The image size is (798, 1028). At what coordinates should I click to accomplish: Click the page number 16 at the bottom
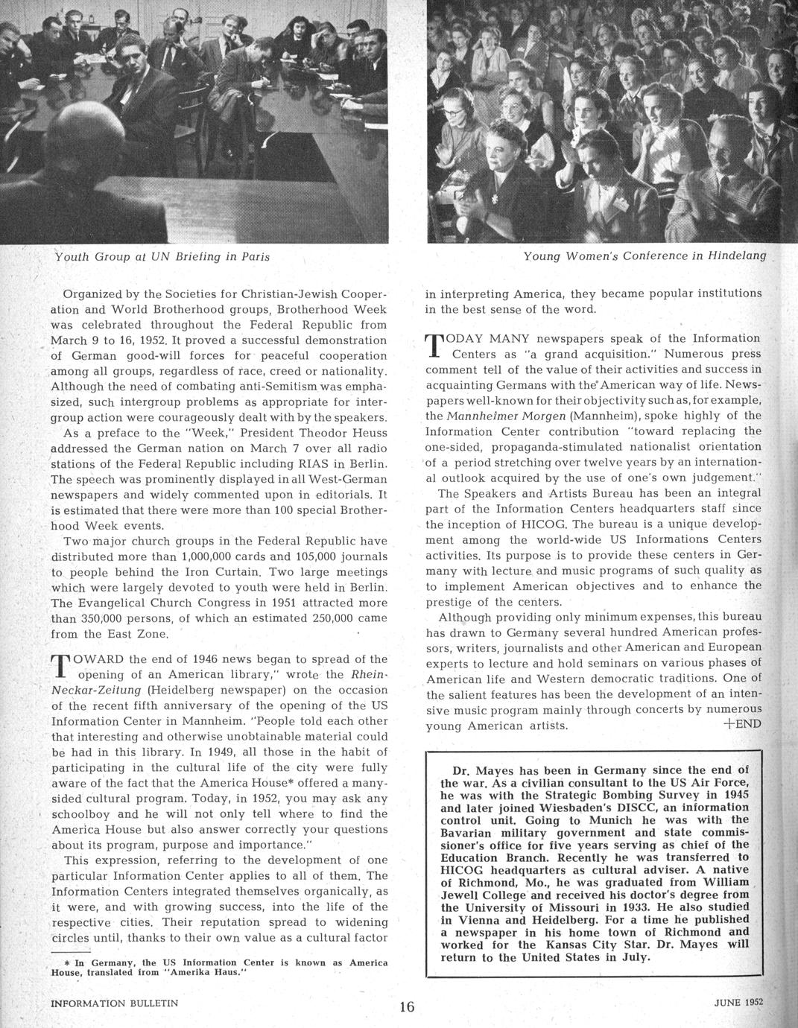click(x=407, y=1007)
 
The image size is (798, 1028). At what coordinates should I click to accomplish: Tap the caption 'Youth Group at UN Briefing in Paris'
click(x=162, y=256)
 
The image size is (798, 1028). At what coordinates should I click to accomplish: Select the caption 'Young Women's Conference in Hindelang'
click(x=645, y=256)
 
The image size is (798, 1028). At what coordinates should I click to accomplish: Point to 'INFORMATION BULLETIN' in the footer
click(x=114, y=1003)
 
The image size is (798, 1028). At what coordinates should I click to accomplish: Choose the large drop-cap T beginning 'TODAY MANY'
click(x=436, y=346)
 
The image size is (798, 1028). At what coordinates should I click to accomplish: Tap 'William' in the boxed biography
click(x=723, y=881)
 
